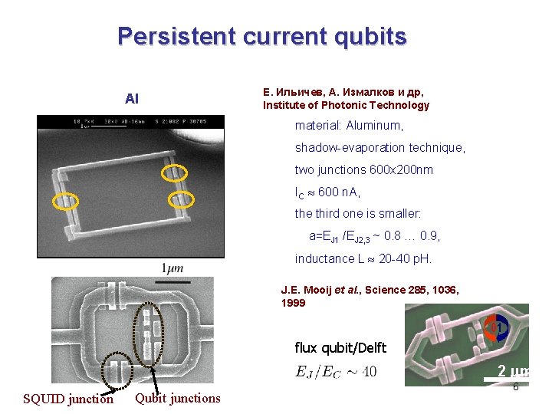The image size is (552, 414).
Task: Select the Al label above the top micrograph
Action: coord(132,99)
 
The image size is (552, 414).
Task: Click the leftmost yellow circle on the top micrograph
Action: coord(64,201)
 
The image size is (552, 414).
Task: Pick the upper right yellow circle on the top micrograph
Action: coord(174,173)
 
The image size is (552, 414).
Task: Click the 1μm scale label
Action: coord(172,268)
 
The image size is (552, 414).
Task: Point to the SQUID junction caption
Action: coord(68,399)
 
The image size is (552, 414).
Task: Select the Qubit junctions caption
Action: coord(177,397)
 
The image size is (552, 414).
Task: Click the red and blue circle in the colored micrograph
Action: coord(497,328)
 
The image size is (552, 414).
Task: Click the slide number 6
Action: coord(515,386)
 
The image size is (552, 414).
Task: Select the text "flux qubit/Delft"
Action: coord(340,348)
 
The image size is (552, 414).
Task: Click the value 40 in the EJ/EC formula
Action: coord(369,372)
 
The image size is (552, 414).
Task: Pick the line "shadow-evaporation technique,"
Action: coord(379,147)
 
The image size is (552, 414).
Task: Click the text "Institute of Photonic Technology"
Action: coord(346,105)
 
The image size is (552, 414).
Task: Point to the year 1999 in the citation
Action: coord(293,303)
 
